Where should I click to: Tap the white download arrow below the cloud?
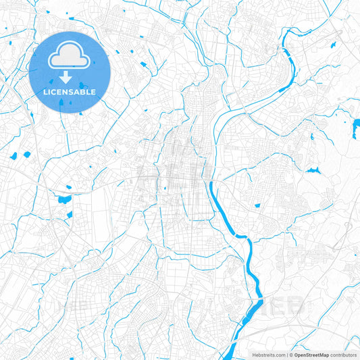tap(70, 78)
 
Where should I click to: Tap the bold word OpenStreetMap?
tap(311, 354)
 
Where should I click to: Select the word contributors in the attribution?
tap(342, 354)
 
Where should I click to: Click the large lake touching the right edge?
tap(355, 126)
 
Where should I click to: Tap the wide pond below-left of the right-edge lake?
tap(311, 170)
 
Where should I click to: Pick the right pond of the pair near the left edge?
tap(27, 155)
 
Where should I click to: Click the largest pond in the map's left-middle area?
tap(64, 199)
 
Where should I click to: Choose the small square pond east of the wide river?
tap(257, 205)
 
